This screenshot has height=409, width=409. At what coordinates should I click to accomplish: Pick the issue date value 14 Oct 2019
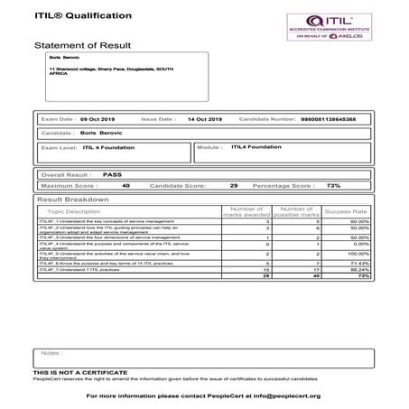[204, 119]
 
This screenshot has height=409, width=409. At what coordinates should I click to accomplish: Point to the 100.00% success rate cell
[358, 255]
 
